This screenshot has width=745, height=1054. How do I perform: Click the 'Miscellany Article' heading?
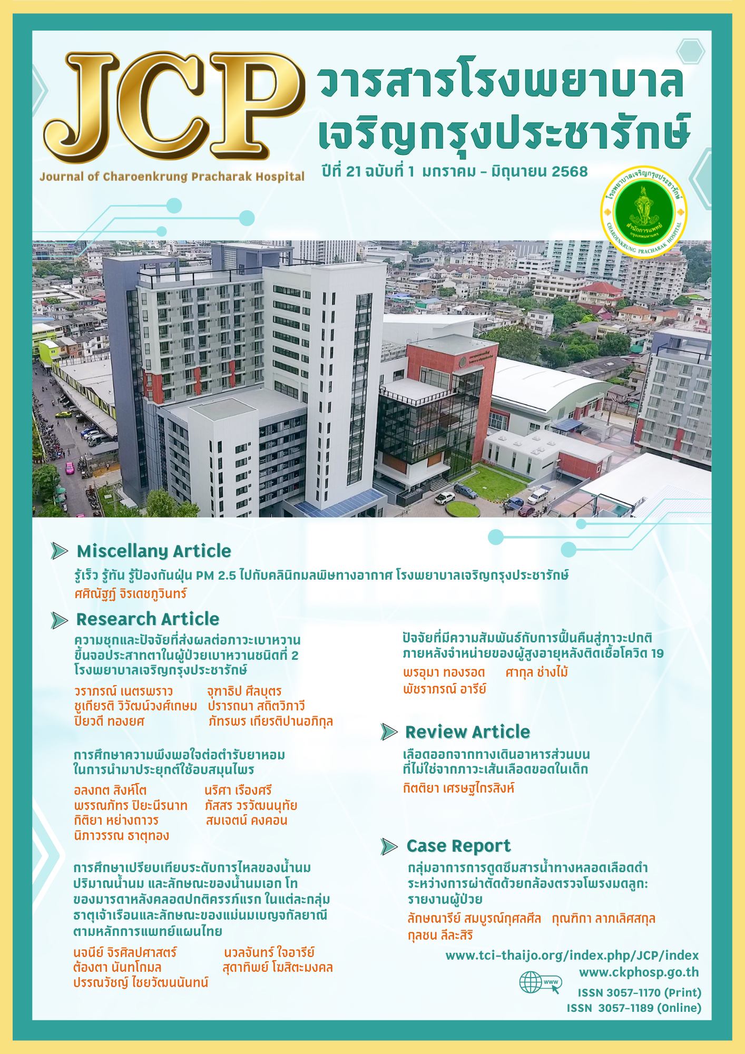(154, 551)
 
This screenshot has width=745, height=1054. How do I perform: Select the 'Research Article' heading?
(148, 619)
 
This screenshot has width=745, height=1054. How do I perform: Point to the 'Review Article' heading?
(467, 732)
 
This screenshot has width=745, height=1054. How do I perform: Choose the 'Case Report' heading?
(458, 846)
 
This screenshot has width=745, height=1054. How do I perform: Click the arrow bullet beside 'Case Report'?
(389, 846)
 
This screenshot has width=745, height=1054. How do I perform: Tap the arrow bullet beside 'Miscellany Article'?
(60, 551)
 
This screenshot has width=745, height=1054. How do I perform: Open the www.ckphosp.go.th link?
(639, 972)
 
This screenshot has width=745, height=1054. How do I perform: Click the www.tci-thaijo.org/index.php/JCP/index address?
(572, 955)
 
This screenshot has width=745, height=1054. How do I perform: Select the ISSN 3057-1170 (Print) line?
(639, 993)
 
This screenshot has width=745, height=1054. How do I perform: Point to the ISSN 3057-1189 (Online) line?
(634, 1008)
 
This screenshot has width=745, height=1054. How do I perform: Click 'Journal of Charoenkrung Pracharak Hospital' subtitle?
(172, 177)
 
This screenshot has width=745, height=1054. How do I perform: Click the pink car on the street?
(70, 467)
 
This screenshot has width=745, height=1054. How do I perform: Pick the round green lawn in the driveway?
(463, 509)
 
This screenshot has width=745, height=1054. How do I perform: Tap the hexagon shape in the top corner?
(690, 52)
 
